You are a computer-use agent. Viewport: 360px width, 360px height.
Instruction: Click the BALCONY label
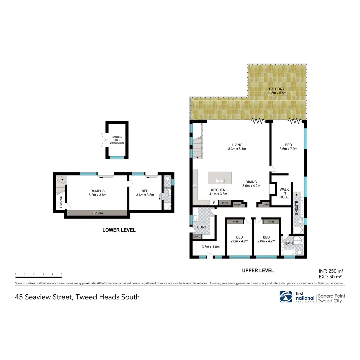(x=277, y=89)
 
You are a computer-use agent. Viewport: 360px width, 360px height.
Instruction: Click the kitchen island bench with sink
(x=220, y=178)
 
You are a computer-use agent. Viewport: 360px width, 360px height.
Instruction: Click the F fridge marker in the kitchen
(x=212, y=203)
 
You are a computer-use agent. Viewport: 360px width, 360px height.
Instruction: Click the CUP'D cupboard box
(x=197, y=237)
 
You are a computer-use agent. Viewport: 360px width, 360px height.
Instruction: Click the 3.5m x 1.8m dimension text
(x=211, y=247)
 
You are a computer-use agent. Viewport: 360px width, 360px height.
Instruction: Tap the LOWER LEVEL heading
(x=119, y=230)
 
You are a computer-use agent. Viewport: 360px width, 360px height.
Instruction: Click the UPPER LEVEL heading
(x=258, y=270)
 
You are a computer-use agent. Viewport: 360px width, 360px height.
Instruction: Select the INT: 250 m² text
(x=331, y=271)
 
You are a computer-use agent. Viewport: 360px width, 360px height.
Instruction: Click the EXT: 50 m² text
(x=331, y=276)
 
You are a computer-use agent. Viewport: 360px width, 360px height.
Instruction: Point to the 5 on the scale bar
(x=62, y=274)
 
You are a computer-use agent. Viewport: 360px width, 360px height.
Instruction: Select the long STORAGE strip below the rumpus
(x=97, y=213)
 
